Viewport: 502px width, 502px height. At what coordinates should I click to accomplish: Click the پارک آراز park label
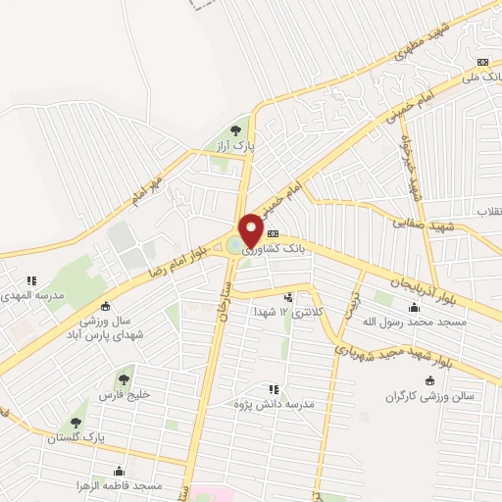(x=235, y=145)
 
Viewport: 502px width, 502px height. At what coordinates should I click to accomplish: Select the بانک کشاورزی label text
(x=272, y=250)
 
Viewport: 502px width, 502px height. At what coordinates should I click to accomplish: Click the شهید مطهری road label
(x=392, y=44)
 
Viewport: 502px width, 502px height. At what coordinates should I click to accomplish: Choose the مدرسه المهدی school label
(x=31, y=294)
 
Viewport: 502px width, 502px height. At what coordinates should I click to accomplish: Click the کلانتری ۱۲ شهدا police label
(x=287, y=311)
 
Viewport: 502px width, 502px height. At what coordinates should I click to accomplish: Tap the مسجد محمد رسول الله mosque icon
(x=412, y=306)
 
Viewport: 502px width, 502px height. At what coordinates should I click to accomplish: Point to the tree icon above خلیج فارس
(x=124, y=378)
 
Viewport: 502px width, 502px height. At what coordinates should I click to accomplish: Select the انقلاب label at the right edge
(x=487, y=212)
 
